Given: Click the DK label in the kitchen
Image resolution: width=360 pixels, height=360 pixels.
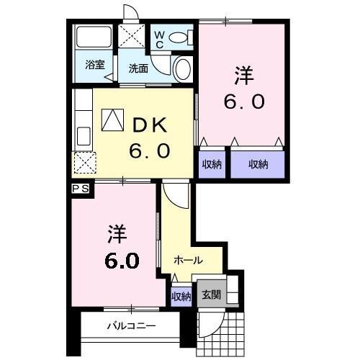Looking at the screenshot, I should [148, 125].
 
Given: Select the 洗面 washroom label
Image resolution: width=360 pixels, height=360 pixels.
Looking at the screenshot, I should [138, 68].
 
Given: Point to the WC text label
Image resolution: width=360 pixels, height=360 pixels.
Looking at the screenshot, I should [159, 37].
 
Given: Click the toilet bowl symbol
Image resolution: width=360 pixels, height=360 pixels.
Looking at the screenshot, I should [180, 37].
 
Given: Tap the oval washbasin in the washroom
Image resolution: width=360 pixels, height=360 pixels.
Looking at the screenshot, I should [182, 69].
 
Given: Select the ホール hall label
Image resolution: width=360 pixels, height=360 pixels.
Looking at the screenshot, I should [188, 261].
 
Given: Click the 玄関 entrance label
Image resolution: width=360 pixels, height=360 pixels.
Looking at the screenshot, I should [212, 294].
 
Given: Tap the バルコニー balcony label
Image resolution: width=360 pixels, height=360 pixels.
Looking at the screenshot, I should [131, 325].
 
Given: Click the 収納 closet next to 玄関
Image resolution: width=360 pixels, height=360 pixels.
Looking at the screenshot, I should [181, 296].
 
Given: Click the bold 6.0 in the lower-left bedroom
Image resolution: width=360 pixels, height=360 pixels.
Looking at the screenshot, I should [123, 260].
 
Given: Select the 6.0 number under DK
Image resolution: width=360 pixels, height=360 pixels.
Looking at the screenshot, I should [149, 151].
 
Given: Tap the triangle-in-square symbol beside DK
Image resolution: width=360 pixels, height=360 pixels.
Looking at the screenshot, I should [112, 120].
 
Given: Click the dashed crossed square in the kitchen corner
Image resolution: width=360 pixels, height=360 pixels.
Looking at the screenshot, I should [84, 163].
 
